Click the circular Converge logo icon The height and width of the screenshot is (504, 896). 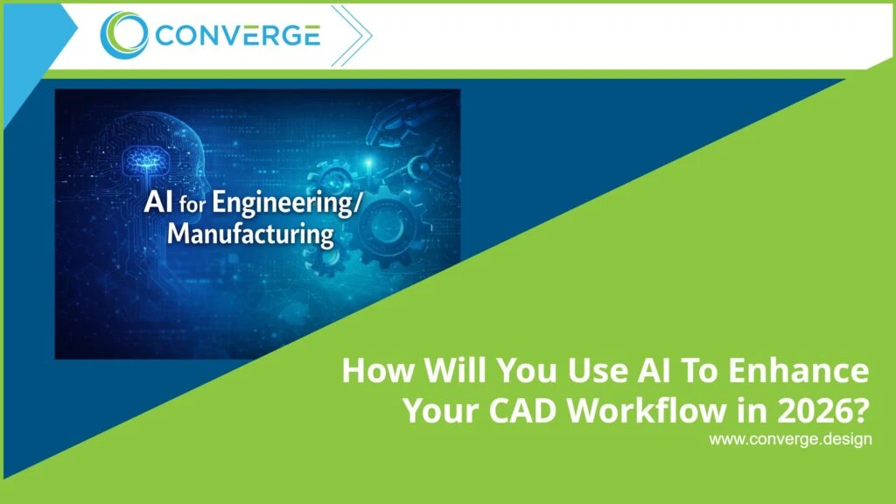point(124,36)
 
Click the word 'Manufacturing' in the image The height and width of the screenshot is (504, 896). point(249,235)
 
